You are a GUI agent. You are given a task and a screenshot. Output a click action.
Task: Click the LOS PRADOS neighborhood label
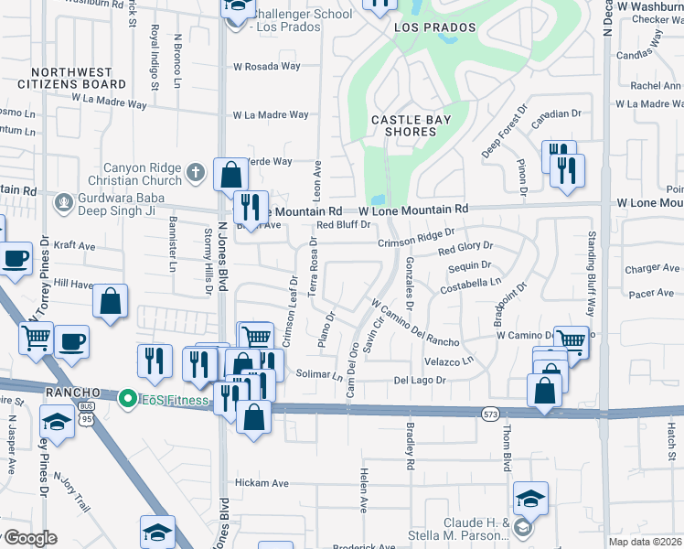(435, 27)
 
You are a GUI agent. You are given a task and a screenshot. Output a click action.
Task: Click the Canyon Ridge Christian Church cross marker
(195, 172)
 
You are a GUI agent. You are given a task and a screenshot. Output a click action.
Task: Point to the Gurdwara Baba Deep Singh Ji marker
(63, 201)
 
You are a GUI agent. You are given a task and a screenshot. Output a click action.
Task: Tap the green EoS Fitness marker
(127, 397)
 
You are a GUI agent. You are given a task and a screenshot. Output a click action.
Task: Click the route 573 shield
(490, 414)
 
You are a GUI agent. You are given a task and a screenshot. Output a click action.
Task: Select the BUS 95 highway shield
(86, 408)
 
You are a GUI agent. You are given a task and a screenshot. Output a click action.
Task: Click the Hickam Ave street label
(262, 483)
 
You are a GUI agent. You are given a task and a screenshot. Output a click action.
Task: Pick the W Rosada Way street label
(266, 66)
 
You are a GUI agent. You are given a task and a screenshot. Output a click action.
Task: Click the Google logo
(29, 538)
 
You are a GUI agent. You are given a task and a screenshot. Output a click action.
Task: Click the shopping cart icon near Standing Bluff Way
(571, 340)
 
